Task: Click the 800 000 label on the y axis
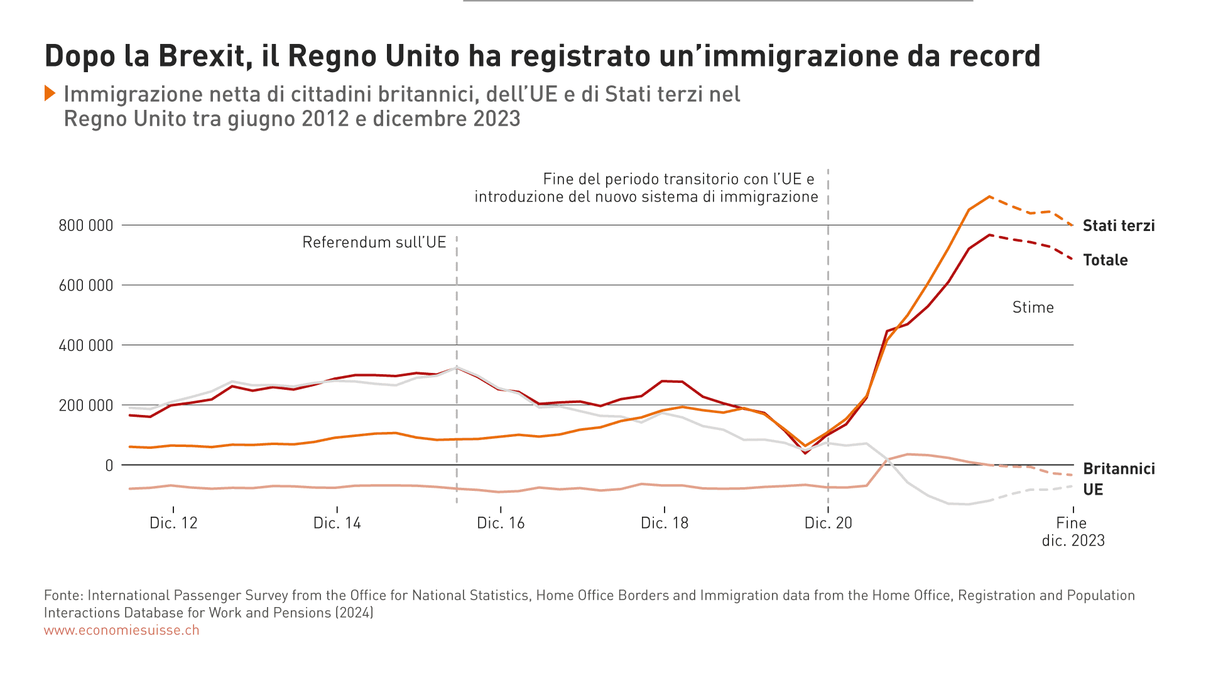click(x=85, y=225)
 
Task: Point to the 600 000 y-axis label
click(x=85, y=286)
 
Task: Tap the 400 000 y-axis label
click(x=85, y=345)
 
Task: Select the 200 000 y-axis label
click(x=85, y=406)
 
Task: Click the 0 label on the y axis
click(x=109, y=465)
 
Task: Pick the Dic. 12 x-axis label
click(x=173, y=523)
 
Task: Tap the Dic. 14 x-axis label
click(x=337, y=523)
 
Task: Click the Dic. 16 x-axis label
click(x=501, y=523)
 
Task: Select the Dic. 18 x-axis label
click(x=665, y=523)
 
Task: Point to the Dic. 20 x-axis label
click(x=828, y=523)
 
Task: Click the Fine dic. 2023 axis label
click(x=1073, y=531)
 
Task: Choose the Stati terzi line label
click(x=1119, y=226)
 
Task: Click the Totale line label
click(x=1105, y=260)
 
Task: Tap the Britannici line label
click(x=1119, y=469)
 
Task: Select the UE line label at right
click(x=1093, y=490)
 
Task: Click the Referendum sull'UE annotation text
click(x=374, y=242)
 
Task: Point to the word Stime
click(x=1033, y=308)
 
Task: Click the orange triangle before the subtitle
click(x=50, y=94)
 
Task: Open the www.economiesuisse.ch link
click(x=121, y=630)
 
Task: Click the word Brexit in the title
click(x=201, y=56)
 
